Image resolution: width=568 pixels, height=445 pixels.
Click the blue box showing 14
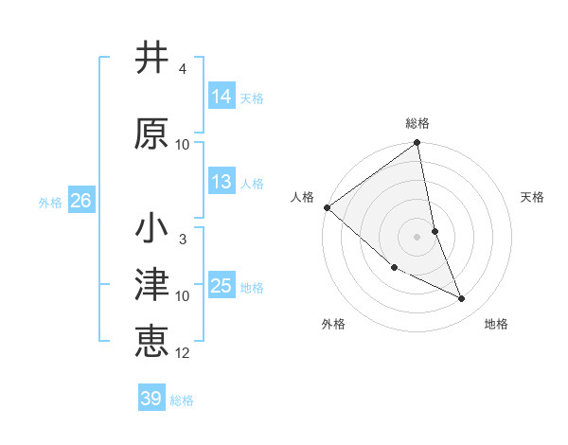222,96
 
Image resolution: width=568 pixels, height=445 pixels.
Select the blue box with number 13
222,182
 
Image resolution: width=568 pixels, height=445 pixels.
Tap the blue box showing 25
222,285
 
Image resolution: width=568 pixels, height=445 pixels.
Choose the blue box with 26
80,201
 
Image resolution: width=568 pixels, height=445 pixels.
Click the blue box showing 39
151,399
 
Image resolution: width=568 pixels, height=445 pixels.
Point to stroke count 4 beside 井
182,70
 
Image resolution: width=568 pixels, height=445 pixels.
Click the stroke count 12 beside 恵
183,353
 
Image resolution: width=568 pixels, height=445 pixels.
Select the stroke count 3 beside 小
182,240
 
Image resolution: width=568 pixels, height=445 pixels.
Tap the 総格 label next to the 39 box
182,400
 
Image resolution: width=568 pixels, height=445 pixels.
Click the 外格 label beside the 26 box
50,203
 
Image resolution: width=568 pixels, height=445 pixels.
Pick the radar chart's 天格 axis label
532,197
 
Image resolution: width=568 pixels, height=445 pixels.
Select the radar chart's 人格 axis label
303,197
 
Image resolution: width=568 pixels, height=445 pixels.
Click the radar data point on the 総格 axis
417,144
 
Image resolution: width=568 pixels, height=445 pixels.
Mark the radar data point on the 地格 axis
462,299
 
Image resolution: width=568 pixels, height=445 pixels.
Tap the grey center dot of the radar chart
417,236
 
